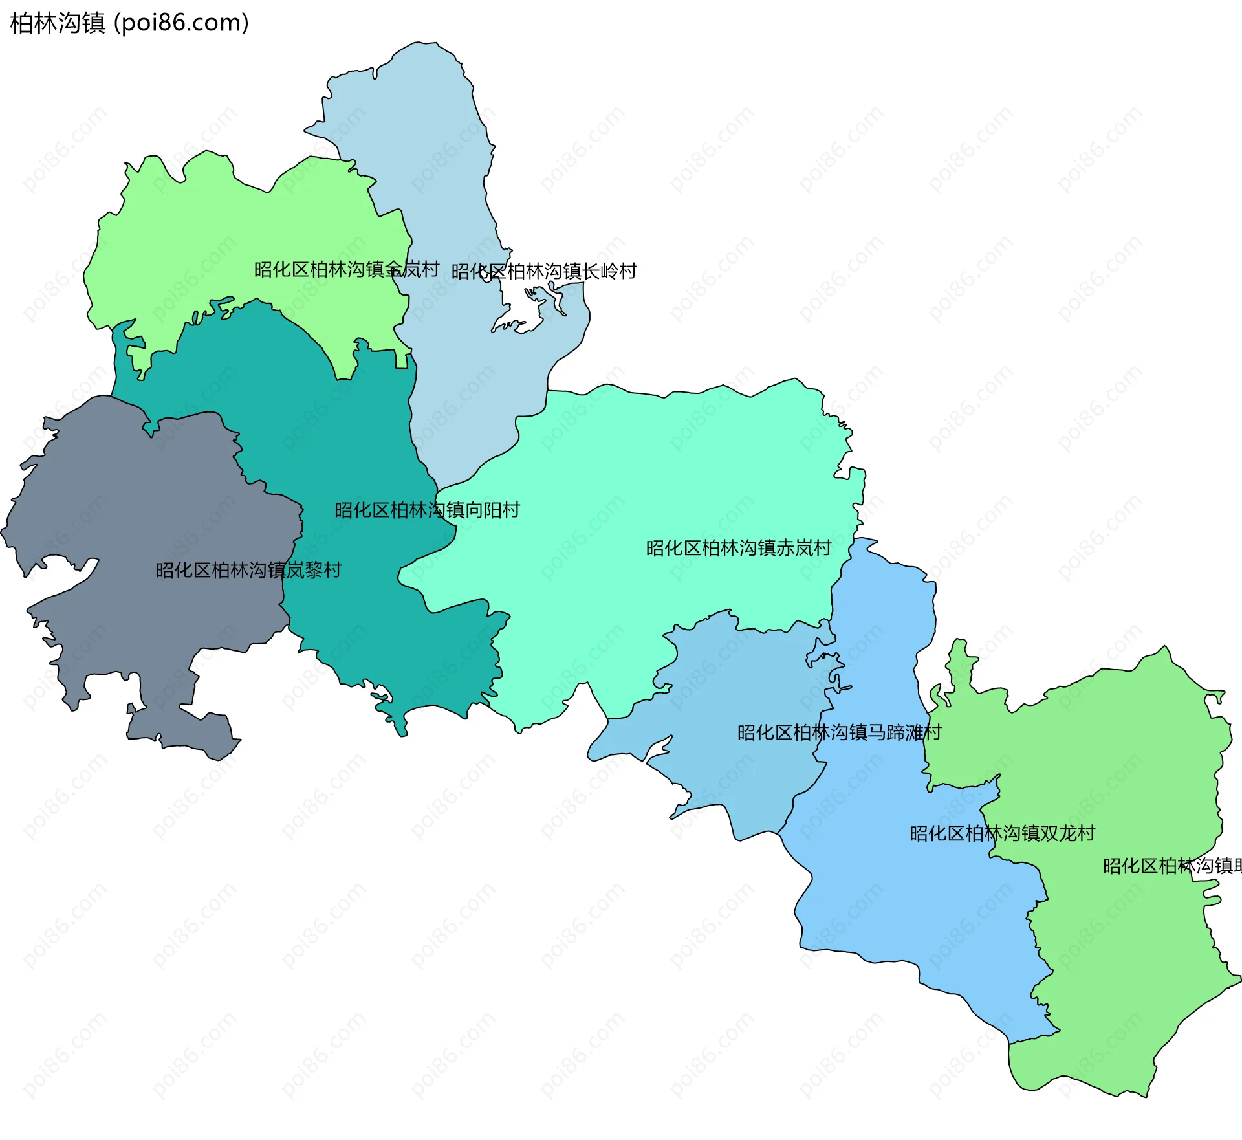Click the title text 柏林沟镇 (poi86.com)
(129, 23)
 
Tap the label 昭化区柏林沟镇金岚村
(346, 269)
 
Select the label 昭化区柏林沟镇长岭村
(543, 271)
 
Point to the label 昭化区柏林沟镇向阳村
(427, 510)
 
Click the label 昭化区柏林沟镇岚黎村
(248, 570)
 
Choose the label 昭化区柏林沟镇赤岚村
(738, 548)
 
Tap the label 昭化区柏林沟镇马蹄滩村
(839, 732)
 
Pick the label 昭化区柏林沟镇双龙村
(1002, 833)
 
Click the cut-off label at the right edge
(1171, 866)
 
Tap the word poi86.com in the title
(181, 23)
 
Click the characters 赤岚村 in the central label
(803, 548)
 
